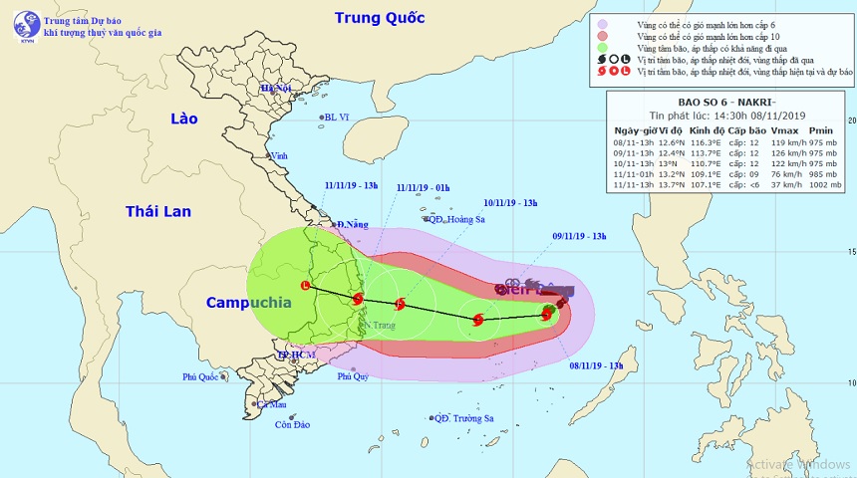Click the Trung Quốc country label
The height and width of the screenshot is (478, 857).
point(380,18)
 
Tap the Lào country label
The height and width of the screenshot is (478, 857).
point(184,119)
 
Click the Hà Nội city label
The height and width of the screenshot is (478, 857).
point(275,89)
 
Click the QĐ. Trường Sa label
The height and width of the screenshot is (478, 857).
point(464,418)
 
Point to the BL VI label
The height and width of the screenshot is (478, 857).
point(340,118)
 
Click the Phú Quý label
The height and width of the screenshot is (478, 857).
point(353,376)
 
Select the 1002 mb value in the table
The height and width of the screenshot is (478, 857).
point(822,184)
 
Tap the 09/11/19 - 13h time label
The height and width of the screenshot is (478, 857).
point(579,236)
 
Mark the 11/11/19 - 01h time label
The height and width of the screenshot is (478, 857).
point(423,187)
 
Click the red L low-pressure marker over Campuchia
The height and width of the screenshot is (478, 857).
point(305,288)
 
